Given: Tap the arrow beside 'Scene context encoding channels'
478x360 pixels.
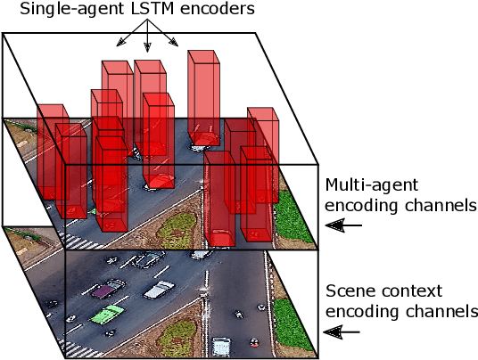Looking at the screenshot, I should click(343, 331).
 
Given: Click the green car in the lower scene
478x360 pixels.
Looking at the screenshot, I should click(107, 315).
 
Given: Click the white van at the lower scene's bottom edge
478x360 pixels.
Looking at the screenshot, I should click(224, 345).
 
